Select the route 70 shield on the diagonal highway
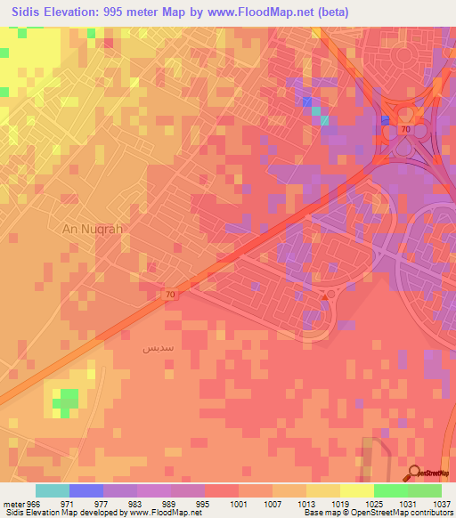coord(170,293)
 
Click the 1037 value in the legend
coord(441,502)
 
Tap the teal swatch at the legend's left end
coord(53,490)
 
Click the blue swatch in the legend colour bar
coord(86,490)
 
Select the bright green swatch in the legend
coord(390,490)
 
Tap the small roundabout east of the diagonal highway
coord(330,293)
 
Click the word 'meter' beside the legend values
coord(12,502)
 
